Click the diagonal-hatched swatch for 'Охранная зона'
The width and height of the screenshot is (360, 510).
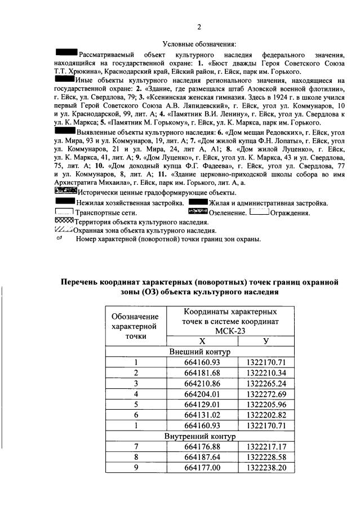point(63,230)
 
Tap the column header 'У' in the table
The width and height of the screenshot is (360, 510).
point(265,342)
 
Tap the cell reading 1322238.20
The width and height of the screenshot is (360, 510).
point(265,468)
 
